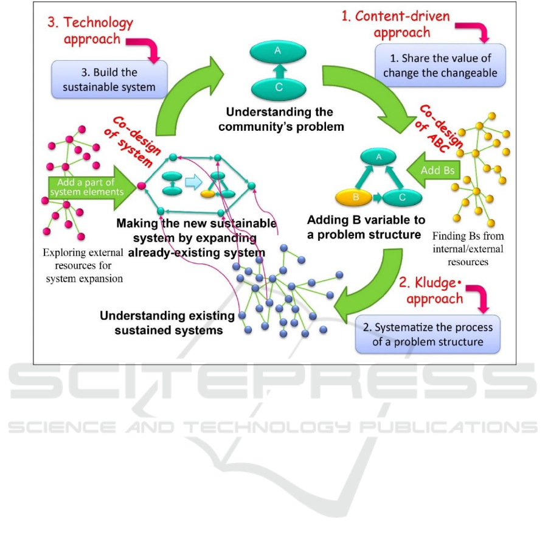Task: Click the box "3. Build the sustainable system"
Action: pos(109,80)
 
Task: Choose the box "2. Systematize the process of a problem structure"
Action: pos(428,334)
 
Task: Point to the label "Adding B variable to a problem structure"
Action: pos(366,226)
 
